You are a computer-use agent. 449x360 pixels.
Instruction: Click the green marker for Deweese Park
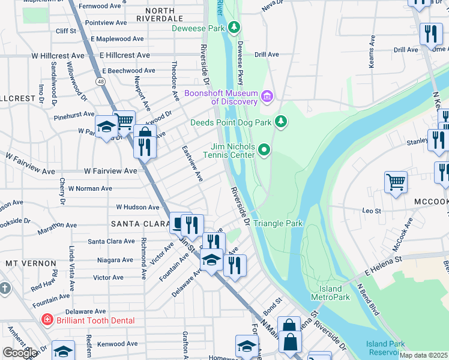pyautogui.click(x=235, y=28)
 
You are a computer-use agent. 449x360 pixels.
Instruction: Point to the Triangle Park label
pyautogui.click(x=278, y=224)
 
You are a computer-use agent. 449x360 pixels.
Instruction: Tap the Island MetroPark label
pyautogui.click(x=330, y=293)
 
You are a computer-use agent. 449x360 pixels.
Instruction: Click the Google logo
pyautogui.click(x=20, y=353)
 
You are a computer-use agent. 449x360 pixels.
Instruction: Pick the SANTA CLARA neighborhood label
pyautogui.click(x=133, y=223)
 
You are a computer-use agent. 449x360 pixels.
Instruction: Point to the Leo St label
pyautogui.click(x=372, y=211)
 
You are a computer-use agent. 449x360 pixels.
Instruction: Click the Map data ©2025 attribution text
pyautogui.click(x=423, y=355)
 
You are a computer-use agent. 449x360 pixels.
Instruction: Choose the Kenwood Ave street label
pyautogui.click(x=118, y=344)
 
